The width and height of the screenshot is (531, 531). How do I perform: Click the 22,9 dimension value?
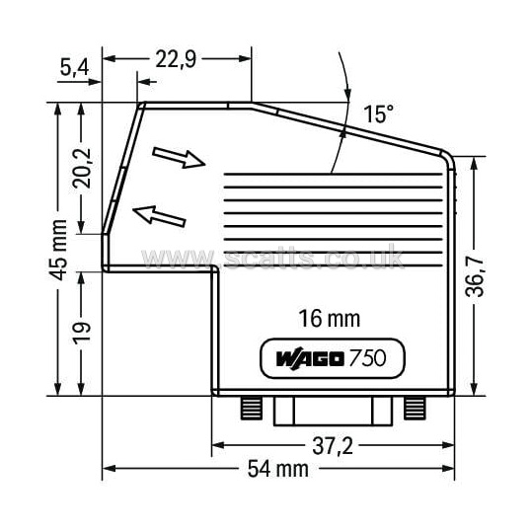(176, 59)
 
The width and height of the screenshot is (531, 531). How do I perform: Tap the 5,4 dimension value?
(74, 67)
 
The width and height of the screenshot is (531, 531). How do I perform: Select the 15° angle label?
(379, 114)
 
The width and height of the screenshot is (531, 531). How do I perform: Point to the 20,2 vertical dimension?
(82, 168)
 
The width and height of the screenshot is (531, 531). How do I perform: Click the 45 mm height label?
(58, 250)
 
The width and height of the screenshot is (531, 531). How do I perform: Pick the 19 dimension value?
(82, 333)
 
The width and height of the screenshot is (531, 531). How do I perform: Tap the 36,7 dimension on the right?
(474, 276)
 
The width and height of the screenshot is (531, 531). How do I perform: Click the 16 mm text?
(330, 319)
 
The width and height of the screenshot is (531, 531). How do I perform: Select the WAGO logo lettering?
(310, 358)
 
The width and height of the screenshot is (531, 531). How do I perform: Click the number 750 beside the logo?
(367, 357)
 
